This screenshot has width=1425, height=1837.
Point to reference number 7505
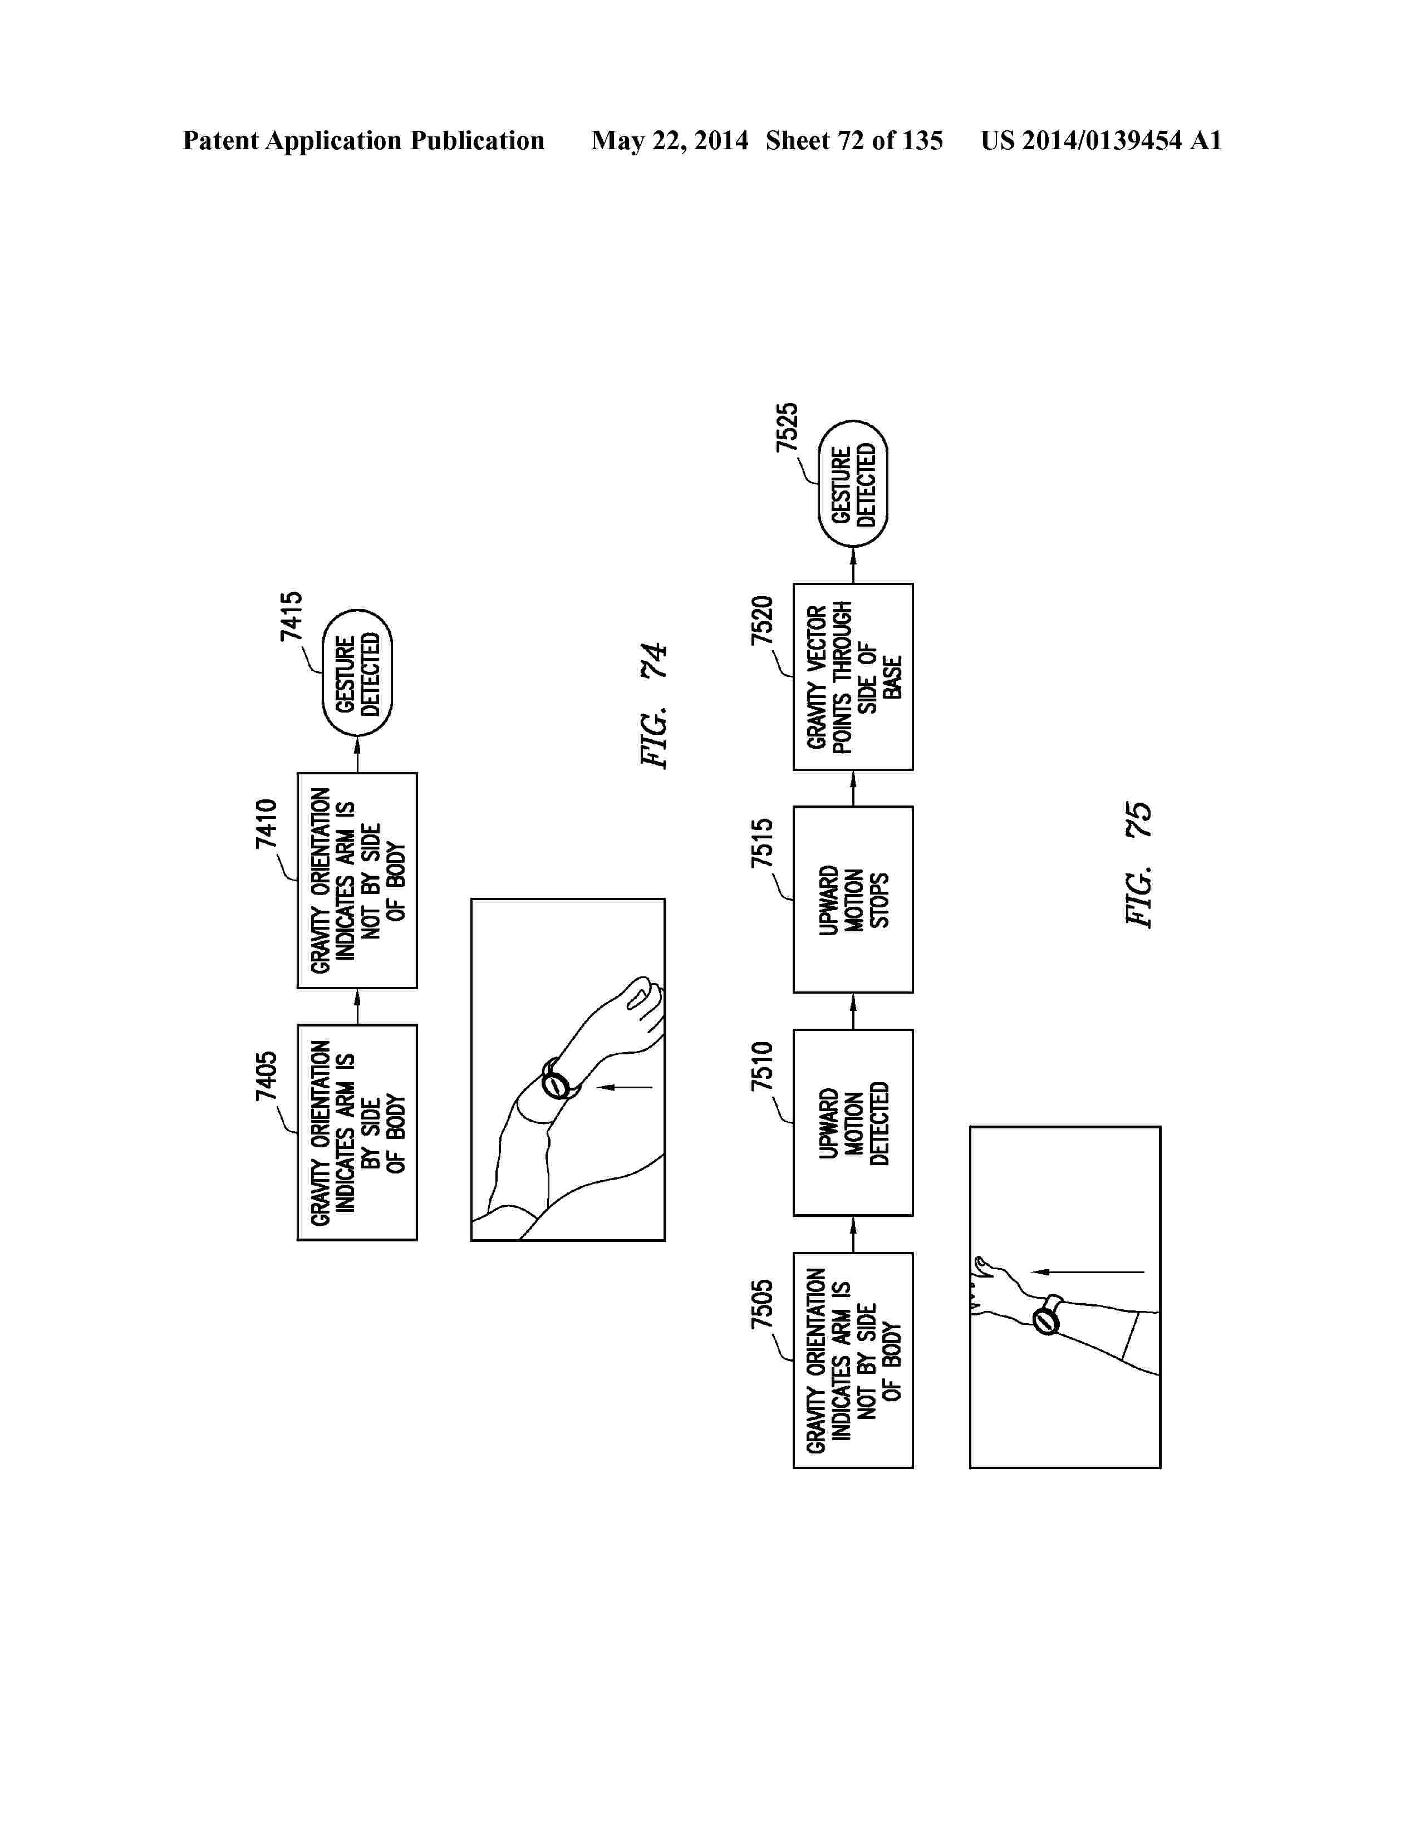[x=762, y=1303]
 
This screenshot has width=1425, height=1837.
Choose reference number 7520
[x=762, y=620]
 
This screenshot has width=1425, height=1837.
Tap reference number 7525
[x=787, y=428]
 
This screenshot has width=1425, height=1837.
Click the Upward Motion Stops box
[x=852, y=899]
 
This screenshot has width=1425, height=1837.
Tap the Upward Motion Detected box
[x=852, y=1122]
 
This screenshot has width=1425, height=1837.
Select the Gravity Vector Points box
[x=852, y=676]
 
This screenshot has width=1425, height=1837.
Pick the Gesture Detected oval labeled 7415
[x=357, y=672]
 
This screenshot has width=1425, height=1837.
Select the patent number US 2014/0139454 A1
[x=1100, y=140]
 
